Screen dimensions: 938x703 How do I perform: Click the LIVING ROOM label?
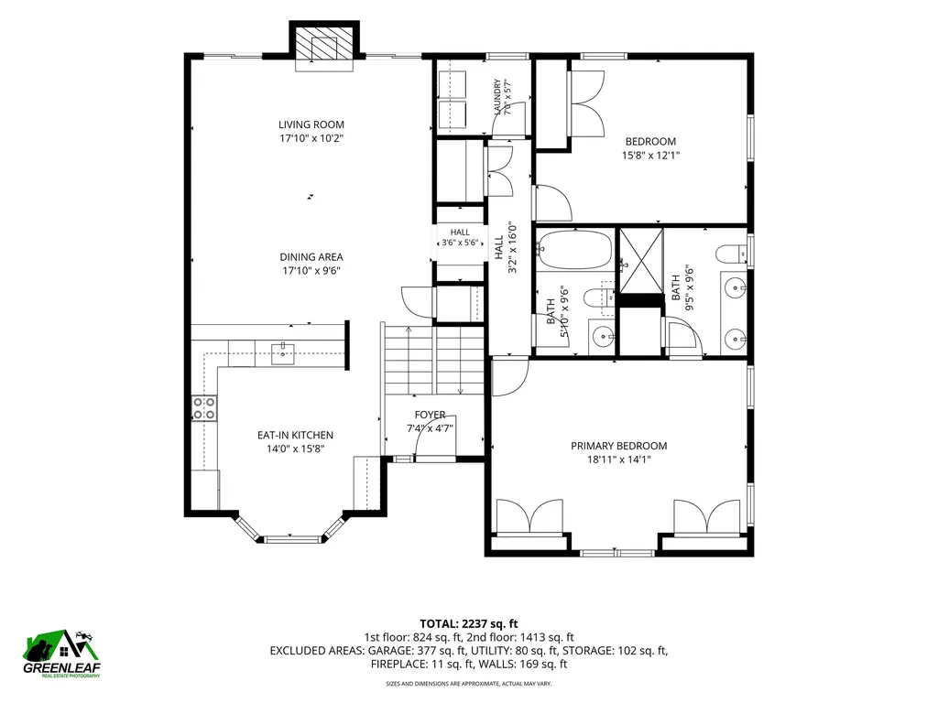tap(311, 124)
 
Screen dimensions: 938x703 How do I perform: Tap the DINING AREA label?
tap(311, 257)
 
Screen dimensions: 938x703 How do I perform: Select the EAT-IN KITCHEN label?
tap(296, 435)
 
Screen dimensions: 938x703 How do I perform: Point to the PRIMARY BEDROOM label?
tap(618, 446)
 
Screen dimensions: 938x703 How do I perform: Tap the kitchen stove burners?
tap(204, 407)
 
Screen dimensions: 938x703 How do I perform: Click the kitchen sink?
tap(282, 353)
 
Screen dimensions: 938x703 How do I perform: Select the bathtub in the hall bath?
tap(575, 249)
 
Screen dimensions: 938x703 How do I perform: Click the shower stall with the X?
tap(641, 261)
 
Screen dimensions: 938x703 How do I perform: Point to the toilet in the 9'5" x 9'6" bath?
tap(731, 254)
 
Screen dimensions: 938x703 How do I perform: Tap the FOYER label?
tap(431, 415)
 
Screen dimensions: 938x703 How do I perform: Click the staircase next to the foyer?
tap(433, 361)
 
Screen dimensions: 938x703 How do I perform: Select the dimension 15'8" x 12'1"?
tap(651, 156)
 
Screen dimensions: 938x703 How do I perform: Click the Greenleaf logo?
tap(61, 654)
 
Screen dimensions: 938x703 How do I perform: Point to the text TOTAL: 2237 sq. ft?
tap(468, 624)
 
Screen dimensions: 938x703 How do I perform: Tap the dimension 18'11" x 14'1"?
tap(618, 460)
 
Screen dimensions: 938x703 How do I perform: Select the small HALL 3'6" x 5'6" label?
tap(460, 237)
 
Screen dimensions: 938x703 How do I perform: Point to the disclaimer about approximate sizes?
tap(468, 683)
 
